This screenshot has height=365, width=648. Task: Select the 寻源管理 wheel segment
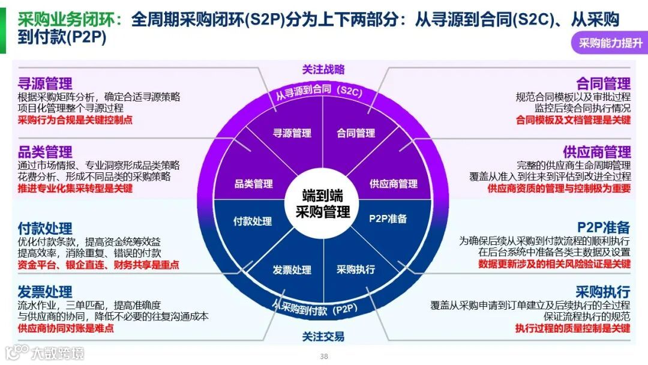(x=292, y=133)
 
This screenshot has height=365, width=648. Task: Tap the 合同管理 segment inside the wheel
(x=356, y=133)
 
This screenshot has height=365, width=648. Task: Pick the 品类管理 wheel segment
(x=253, y=184)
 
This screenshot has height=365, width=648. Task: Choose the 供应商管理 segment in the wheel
(x=393, y=184)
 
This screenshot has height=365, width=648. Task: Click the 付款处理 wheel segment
(x=253, y=221)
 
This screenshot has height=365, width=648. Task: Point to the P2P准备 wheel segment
(x=388, y=219)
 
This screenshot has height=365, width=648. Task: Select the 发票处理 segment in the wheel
(x=292, y=270)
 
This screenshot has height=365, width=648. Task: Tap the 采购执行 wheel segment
(x=355, y=270)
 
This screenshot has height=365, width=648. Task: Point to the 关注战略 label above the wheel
(x=323, y=70)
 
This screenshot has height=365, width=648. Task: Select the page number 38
(x=324, y=356)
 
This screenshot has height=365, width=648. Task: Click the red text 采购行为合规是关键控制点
(x=75, y=119)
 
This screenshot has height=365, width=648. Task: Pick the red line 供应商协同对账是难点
(x=66, y=328)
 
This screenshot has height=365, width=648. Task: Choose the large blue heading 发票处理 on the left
(x=45, y=292)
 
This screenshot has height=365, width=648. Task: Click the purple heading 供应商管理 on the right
(x=596, y=152)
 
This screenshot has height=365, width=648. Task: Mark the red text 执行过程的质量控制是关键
(x=572, y=328)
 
